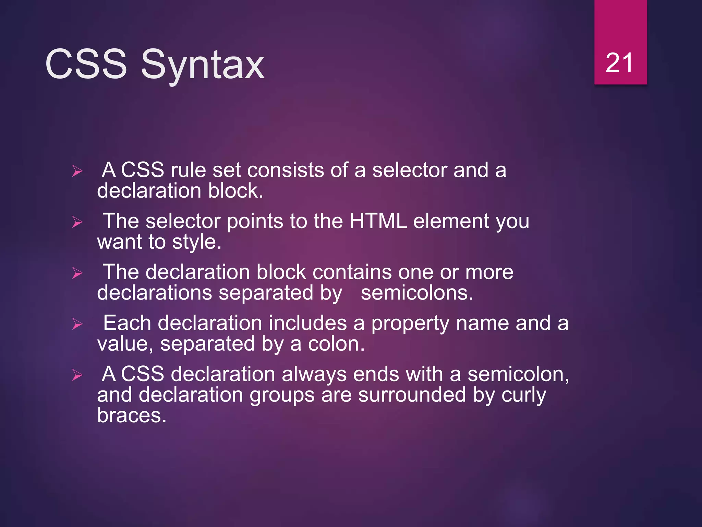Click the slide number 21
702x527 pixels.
619,63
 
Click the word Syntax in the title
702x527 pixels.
202,65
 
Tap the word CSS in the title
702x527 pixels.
86,64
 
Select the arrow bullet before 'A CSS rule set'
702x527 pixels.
77,171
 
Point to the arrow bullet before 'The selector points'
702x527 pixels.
77,222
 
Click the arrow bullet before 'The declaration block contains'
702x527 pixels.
77,273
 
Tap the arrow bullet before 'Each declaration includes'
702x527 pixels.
77,324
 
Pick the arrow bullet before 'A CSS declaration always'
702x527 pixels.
77,375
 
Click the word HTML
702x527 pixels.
378,221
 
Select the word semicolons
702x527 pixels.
417,293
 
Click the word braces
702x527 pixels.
132,415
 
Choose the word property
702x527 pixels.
410,324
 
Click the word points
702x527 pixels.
255,222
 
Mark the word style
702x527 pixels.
196,242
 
